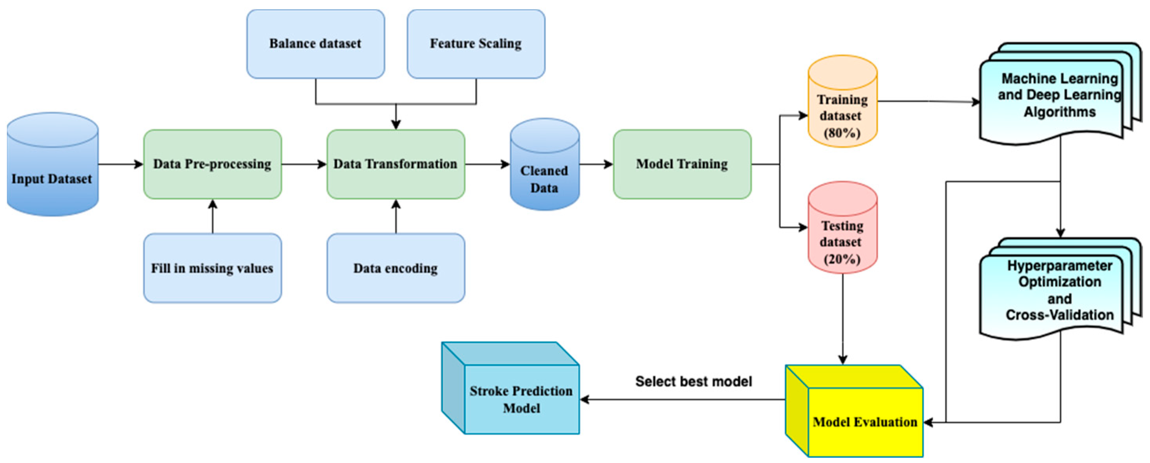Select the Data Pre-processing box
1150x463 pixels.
212,164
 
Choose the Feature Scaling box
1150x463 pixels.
476,44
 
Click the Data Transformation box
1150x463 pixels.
396,164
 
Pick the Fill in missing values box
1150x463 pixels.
212,268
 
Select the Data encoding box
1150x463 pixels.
396,268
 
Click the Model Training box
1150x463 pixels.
682,164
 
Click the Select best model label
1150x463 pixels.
693,381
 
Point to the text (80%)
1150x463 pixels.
842,133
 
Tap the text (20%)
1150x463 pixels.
842,259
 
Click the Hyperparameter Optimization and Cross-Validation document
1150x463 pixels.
1059,290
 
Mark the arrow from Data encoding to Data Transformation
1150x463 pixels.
396,216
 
